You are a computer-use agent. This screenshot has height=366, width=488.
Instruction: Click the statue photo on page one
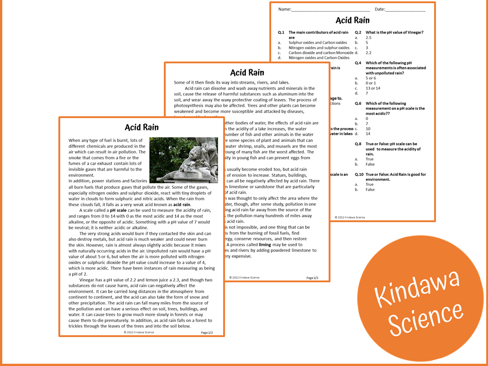point(183,160)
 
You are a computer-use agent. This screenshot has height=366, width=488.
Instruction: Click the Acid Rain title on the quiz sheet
point(352,20)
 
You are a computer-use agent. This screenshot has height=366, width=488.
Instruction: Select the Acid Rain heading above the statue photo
point(142,128)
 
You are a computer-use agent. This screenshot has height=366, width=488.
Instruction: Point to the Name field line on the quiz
point(330,10)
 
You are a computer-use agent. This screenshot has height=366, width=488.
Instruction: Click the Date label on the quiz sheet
point(379,9)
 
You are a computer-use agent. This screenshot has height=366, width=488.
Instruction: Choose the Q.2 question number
point(358,33)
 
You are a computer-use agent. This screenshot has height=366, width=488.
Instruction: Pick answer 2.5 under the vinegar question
point(368,38)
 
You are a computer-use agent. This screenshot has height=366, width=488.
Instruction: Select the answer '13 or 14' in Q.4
point(373,88)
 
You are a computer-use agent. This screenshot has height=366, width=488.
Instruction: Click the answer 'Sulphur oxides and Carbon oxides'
point(318,43)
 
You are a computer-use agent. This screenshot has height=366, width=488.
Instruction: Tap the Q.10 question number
point(359,174)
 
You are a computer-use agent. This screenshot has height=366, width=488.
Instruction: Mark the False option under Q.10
point(370,190)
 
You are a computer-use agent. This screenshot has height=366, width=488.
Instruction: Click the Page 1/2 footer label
point(206,333)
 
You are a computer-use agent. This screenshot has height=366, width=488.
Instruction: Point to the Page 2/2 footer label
point(312,278)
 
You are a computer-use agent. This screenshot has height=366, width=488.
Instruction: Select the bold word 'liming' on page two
point(265,244)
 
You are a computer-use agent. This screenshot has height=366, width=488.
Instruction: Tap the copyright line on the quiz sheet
point(349,217)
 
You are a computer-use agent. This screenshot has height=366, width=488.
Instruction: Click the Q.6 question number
point(358,104)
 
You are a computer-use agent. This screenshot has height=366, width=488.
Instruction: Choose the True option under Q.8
point(369,159)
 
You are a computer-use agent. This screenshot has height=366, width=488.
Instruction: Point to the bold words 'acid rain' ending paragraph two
point(182,204)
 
